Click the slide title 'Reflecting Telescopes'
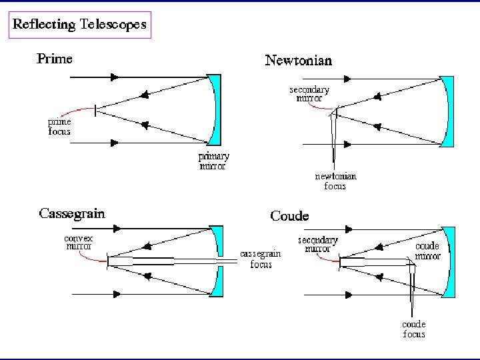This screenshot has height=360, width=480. tap(80, 25)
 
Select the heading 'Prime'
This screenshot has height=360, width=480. tap(54, 59)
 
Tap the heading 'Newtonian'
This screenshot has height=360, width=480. tap(298, 61)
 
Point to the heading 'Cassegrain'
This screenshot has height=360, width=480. tap(72, 214)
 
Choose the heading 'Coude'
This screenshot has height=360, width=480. tap(289, 216)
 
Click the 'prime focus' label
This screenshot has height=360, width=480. tap(59, 127)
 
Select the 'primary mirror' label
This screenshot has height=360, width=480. tap(215, 161)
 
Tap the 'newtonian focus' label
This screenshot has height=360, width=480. tap(335, 181)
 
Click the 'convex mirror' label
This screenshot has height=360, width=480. tap(78, 242)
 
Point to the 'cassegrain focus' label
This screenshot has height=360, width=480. tap(261, 259)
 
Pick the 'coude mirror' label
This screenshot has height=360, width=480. tap(427, 251)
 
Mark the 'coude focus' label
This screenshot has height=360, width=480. tap(414, 329)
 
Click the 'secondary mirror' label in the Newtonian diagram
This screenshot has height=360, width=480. tap(309, 94)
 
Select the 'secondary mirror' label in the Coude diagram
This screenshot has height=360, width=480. tap(317, 245)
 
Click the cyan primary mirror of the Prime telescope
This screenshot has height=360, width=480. tap(214, 111)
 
